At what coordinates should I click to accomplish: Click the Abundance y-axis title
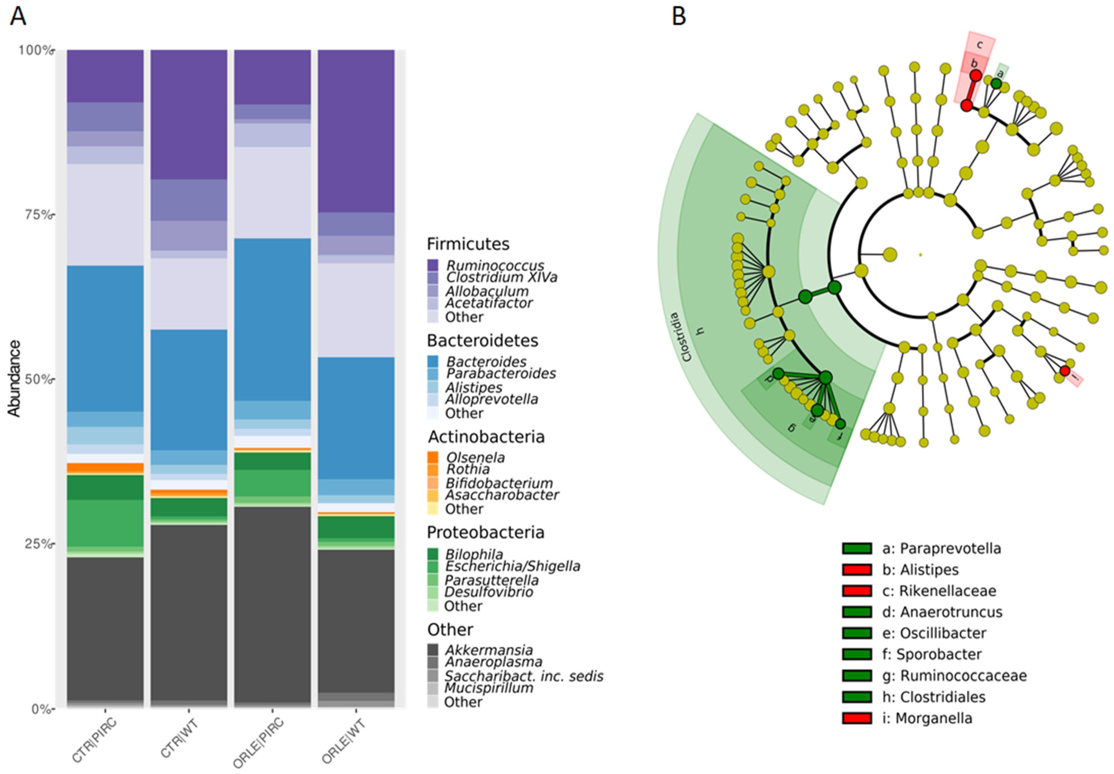point(15,378)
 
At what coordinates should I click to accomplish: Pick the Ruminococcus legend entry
point(495,265)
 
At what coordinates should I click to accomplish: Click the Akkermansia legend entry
point(489,650)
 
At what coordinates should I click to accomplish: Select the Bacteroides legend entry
point(486,361)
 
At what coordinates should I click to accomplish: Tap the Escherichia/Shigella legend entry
point(512,566)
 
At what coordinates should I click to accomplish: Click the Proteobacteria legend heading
point(485,533)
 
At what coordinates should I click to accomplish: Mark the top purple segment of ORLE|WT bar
point(356,131)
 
